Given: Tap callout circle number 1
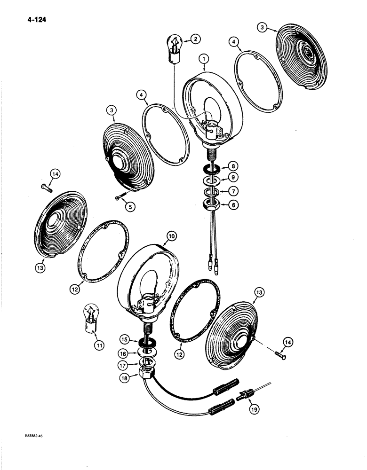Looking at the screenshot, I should (204, 59).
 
